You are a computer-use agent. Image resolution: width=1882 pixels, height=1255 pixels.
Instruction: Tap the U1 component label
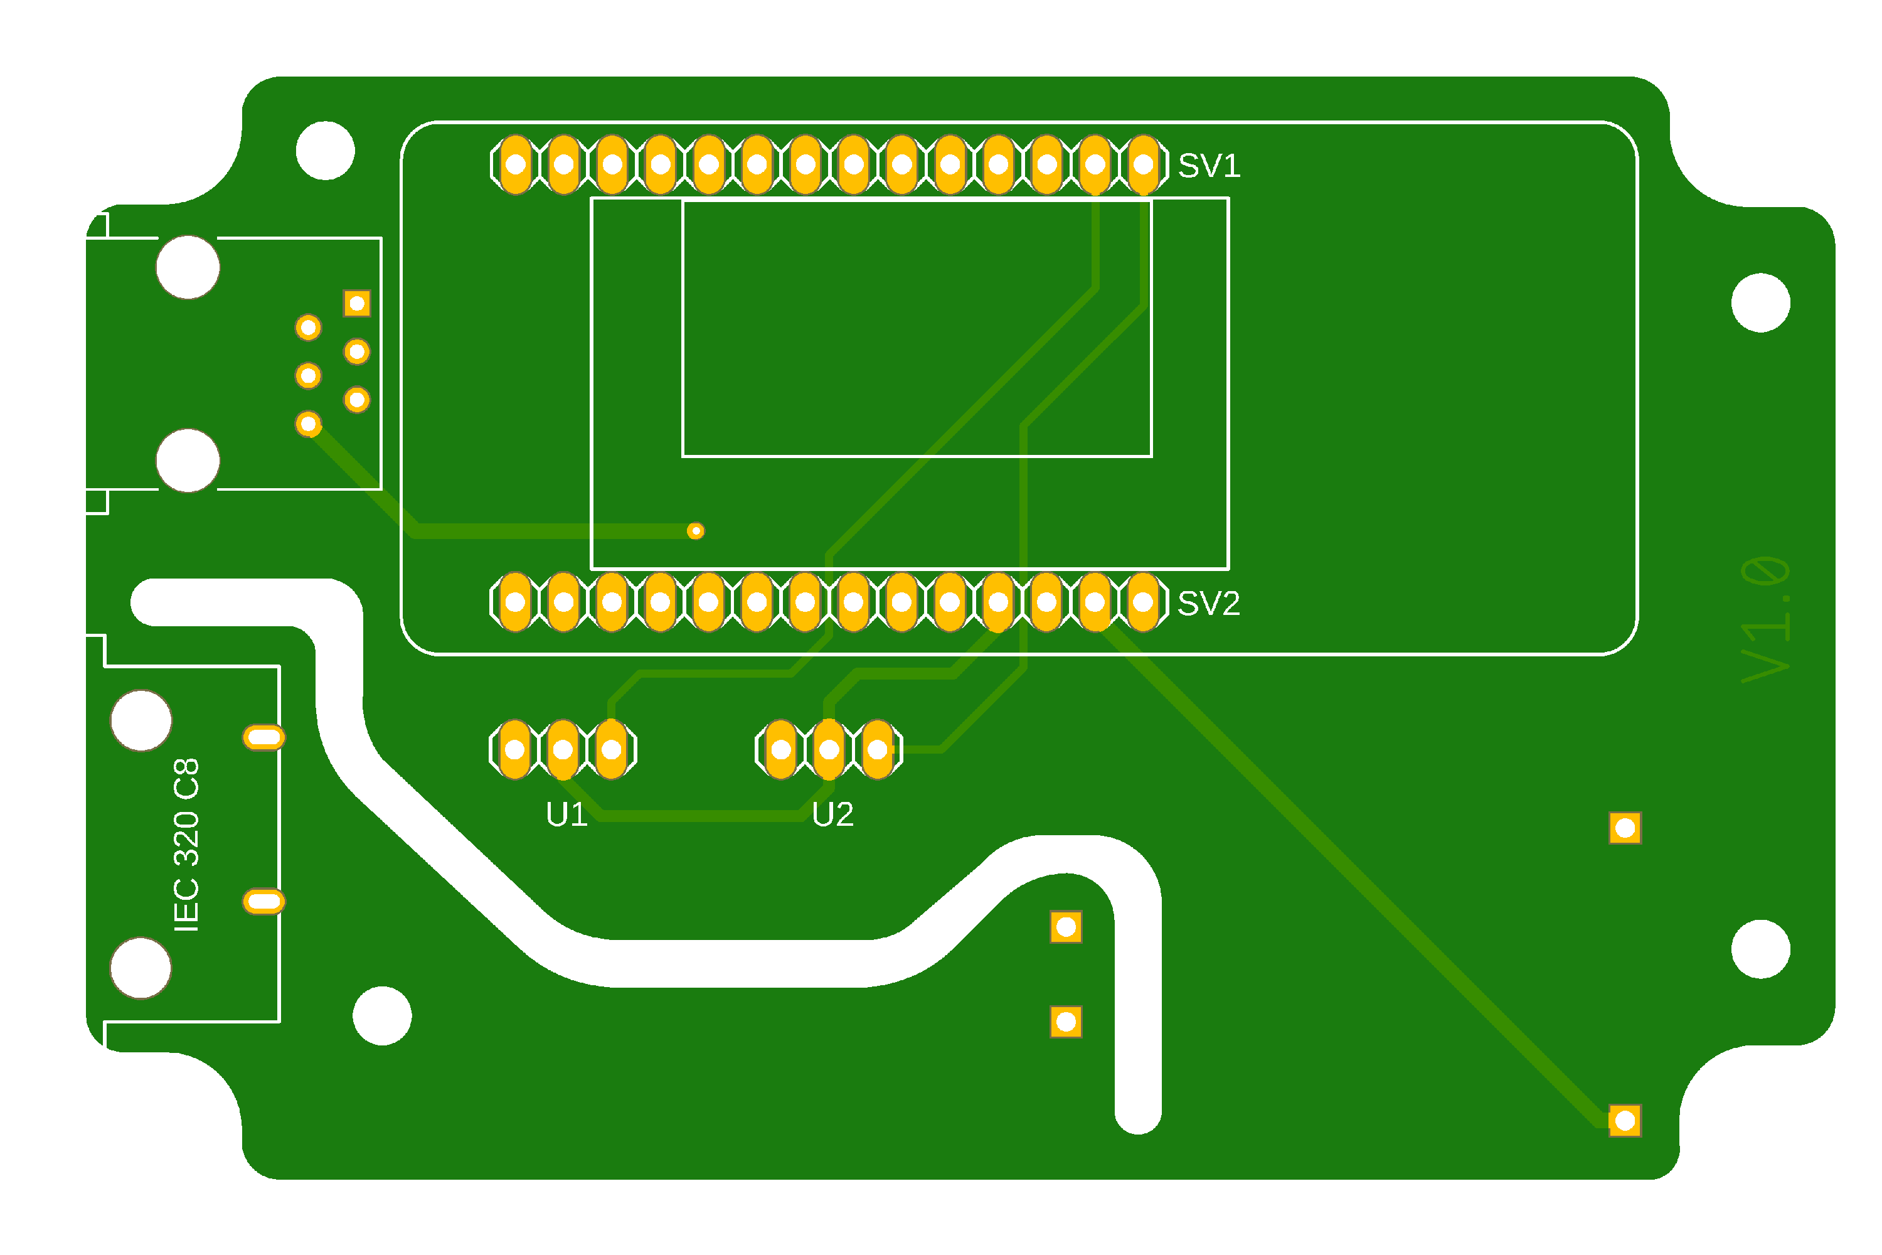pyautogui.click(x=566, y=814)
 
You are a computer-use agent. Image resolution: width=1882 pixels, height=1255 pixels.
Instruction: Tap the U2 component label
pyautogui.click(x=832, y=814)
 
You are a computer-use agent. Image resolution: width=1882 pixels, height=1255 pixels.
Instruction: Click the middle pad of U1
pyautogui.click(x=563, y=749)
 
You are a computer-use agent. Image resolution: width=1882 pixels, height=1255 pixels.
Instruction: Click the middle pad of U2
pyautogui.click(x=829, y=749)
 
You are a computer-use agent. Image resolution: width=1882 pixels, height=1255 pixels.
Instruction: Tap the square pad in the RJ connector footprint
pyautogui.click(x=357, y=303)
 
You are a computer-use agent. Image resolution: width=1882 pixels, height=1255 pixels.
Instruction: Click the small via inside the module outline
pyautogui.click(x=695, y=531)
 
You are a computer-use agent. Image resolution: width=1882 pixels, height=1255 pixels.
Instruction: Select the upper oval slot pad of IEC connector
pyautogui.click(x=263, y=737)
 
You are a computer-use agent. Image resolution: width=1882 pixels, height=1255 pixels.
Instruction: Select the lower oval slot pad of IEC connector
pyautogui.click(x=263, y=902)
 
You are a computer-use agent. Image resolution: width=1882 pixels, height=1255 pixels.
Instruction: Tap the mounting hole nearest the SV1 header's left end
pyautogui.click(x=325, y=151)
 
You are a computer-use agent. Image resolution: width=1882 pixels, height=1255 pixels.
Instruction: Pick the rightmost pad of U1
pyautogui.click(x=611, y=749)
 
